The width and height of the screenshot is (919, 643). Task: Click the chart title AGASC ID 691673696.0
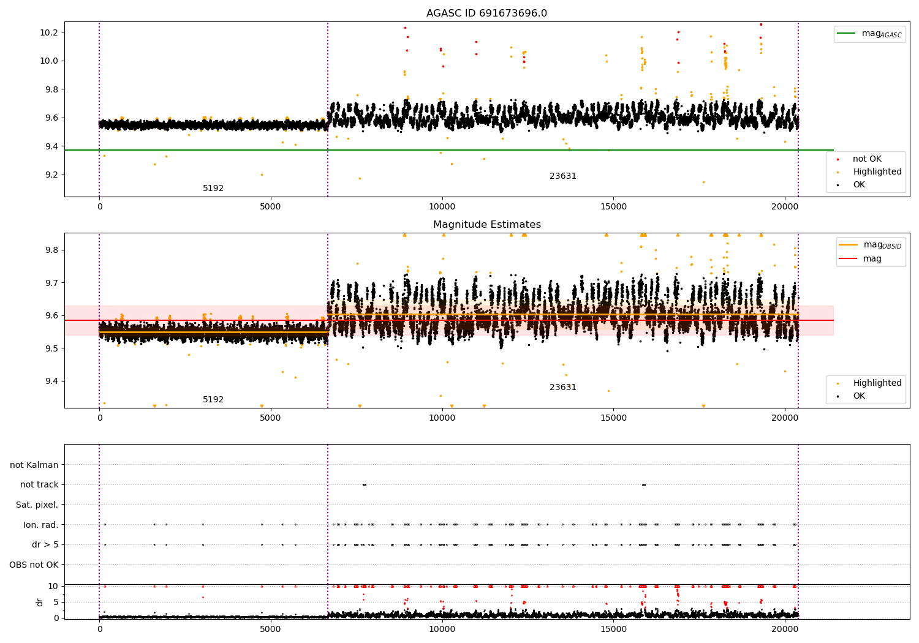click(x=486, y=13)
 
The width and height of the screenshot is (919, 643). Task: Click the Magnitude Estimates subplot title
click(x=487, y=224)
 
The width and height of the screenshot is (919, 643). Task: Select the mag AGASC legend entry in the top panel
click(x=869, y=34)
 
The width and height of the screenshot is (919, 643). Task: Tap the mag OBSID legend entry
click(x=870, y=245)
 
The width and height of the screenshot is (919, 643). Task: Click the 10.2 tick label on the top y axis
click(x=49, y=32)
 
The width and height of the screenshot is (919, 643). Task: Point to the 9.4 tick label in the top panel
click(x=51, y=146)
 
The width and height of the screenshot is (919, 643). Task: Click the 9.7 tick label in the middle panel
click(x=51, y=283)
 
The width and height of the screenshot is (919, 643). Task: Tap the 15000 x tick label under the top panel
click(x=613, y=207)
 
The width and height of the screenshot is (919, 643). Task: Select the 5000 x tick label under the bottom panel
click(x=270, y=630)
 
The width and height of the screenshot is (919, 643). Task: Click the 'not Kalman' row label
click(x=34, y=465)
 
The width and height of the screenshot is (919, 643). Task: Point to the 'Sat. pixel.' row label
click(x=37, y=505)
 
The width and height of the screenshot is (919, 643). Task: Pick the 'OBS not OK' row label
click(x=34, y=565)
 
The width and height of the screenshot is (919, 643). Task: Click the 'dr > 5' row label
click(x=45, y=544)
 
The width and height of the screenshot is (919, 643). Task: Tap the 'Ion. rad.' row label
click(x=40, y=525)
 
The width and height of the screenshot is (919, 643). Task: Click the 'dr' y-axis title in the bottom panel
click(x=39, y=603)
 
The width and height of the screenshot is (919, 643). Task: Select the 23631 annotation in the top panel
click(x=563, y=176)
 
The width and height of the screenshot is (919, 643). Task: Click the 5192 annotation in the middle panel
click(x=213, y=399)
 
